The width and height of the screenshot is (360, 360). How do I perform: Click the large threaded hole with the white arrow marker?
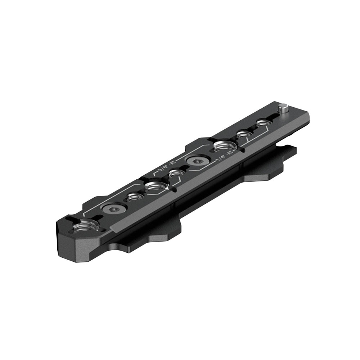click(155, 186)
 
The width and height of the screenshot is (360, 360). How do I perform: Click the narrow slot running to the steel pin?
click(273, 116)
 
